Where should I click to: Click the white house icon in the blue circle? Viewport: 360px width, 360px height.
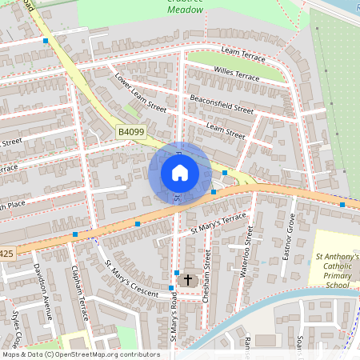point(180,172)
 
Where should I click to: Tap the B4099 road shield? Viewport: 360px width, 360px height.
point(131,131)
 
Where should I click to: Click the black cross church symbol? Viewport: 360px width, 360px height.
point(189,280)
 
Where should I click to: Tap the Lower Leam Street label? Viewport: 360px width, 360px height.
point(140,94)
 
